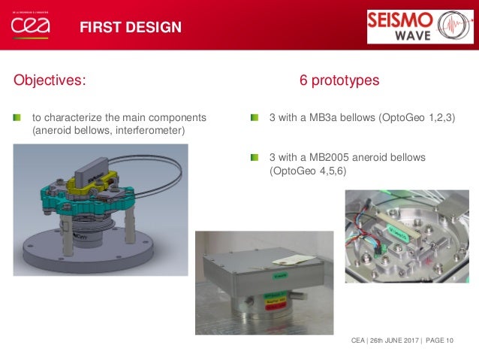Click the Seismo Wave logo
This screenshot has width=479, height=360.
(420, 26)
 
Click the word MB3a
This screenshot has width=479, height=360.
(324, 118)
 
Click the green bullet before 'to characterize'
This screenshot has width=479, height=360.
(17, 118)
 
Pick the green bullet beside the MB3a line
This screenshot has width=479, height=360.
(255, 118)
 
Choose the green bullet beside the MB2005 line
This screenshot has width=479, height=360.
(255, 157)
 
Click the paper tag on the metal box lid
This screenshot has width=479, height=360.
(288, 259)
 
